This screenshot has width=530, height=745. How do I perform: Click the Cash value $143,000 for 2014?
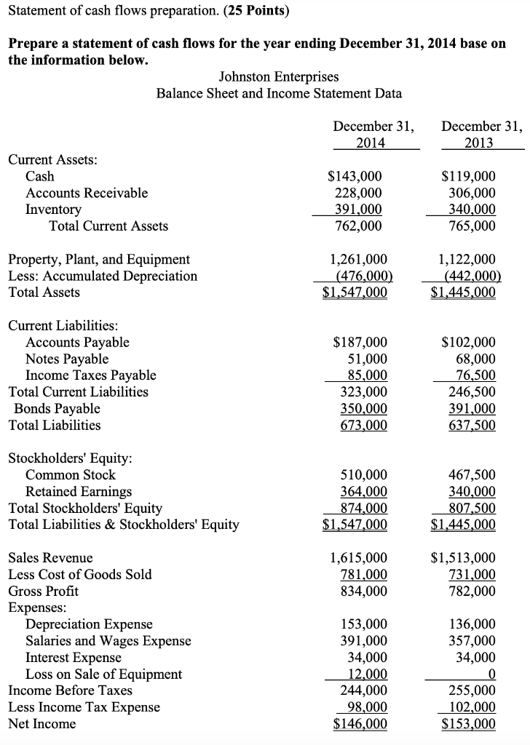tap(355, 176)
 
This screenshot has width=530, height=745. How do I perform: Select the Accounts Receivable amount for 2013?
tap(469, 193)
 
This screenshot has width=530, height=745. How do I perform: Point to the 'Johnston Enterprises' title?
tap(279, 76)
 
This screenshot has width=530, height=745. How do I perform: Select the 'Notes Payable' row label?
tap(67, 359)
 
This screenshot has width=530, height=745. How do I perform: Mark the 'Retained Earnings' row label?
tap(79, 492)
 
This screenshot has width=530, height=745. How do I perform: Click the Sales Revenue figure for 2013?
tap(464, 558)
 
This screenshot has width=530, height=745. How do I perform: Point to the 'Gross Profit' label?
tap(43, 591)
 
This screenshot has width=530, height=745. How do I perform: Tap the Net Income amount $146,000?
tap(360, 724)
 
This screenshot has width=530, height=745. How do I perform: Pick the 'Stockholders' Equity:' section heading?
tap(70, 458)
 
